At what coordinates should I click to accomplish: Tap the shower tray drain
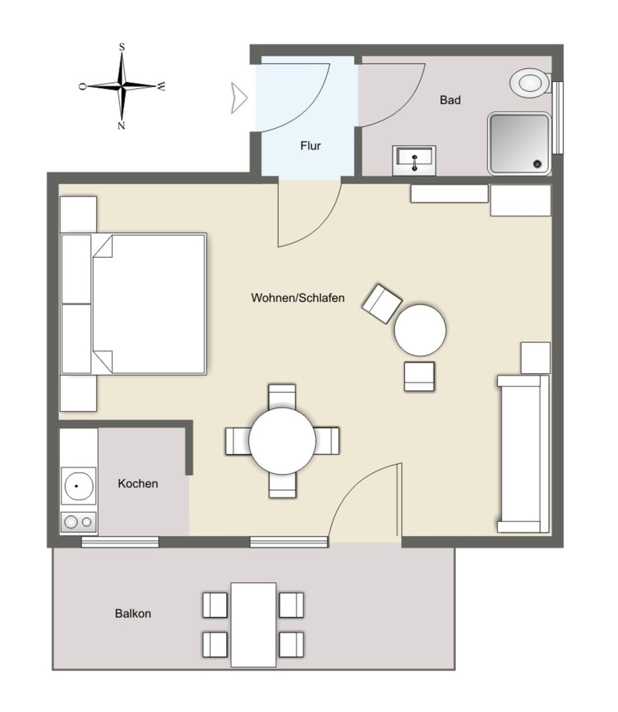tap(538, 163)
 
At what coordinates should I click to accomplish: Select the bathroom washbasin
tap(414, 161)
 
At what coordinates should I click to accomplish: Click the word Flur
tap(310, 145)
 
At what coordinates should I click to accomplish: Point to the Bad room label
tap(450, 100)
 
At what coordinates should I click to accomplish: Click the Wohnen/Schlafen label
tap(298, 298)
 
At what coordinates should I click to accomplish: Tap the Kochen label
tap(138, 484)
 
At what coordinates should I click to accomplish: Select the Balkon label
tap(133, 613)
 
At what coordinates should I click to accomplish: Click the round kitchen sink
tap(78, 486)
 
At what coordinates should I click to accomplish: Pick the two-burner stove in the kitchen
tap(78, 522)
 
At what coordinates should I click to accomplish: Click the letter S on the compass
tap(122, 47)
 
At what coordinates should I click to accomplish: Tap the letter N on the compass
tap(121, 126)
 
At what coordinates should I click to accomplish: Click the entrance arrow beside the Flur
tap(239, 98)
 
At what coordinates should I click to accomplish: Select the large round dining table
tap(283, 441)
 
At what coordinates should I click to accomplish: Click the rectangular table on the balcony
tap(253, 624)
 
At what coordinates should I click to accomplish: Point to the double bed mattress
tap(149, 304)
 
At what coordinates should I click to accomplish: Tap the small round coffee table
tap(420, 330)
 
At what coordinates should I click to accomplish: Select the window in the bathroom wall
tap(558, 117)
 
